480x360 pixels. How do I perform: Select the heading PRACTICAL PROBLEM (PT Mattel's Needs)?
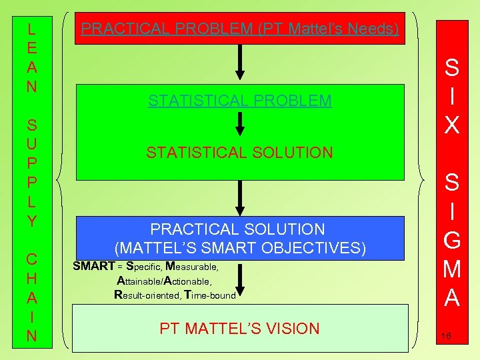coord(240,29)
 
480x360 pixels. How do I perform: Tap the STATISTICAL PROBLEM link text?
coord(240,101)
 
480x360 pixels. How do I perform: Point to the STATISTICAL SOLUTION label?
coord(240,153)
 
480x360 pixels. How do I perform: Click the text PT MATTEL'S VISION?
coord(240,328)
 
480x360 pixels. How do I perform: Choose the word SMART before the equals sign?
coord(93,267)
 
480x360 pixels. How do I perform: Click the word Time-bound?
coord(210,294)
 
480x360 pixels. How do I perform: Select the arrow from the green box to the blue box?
coord(240,198)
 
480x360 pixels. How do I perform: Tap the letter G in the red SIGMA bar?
coord(451,237)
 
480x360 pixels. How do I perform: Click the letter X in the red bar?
coord(451,124)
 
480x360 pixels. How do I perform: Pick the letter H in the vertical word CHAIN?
coord(31,277)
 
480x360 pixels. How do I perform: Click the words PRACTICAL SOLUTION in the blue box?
coord(237,229)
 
